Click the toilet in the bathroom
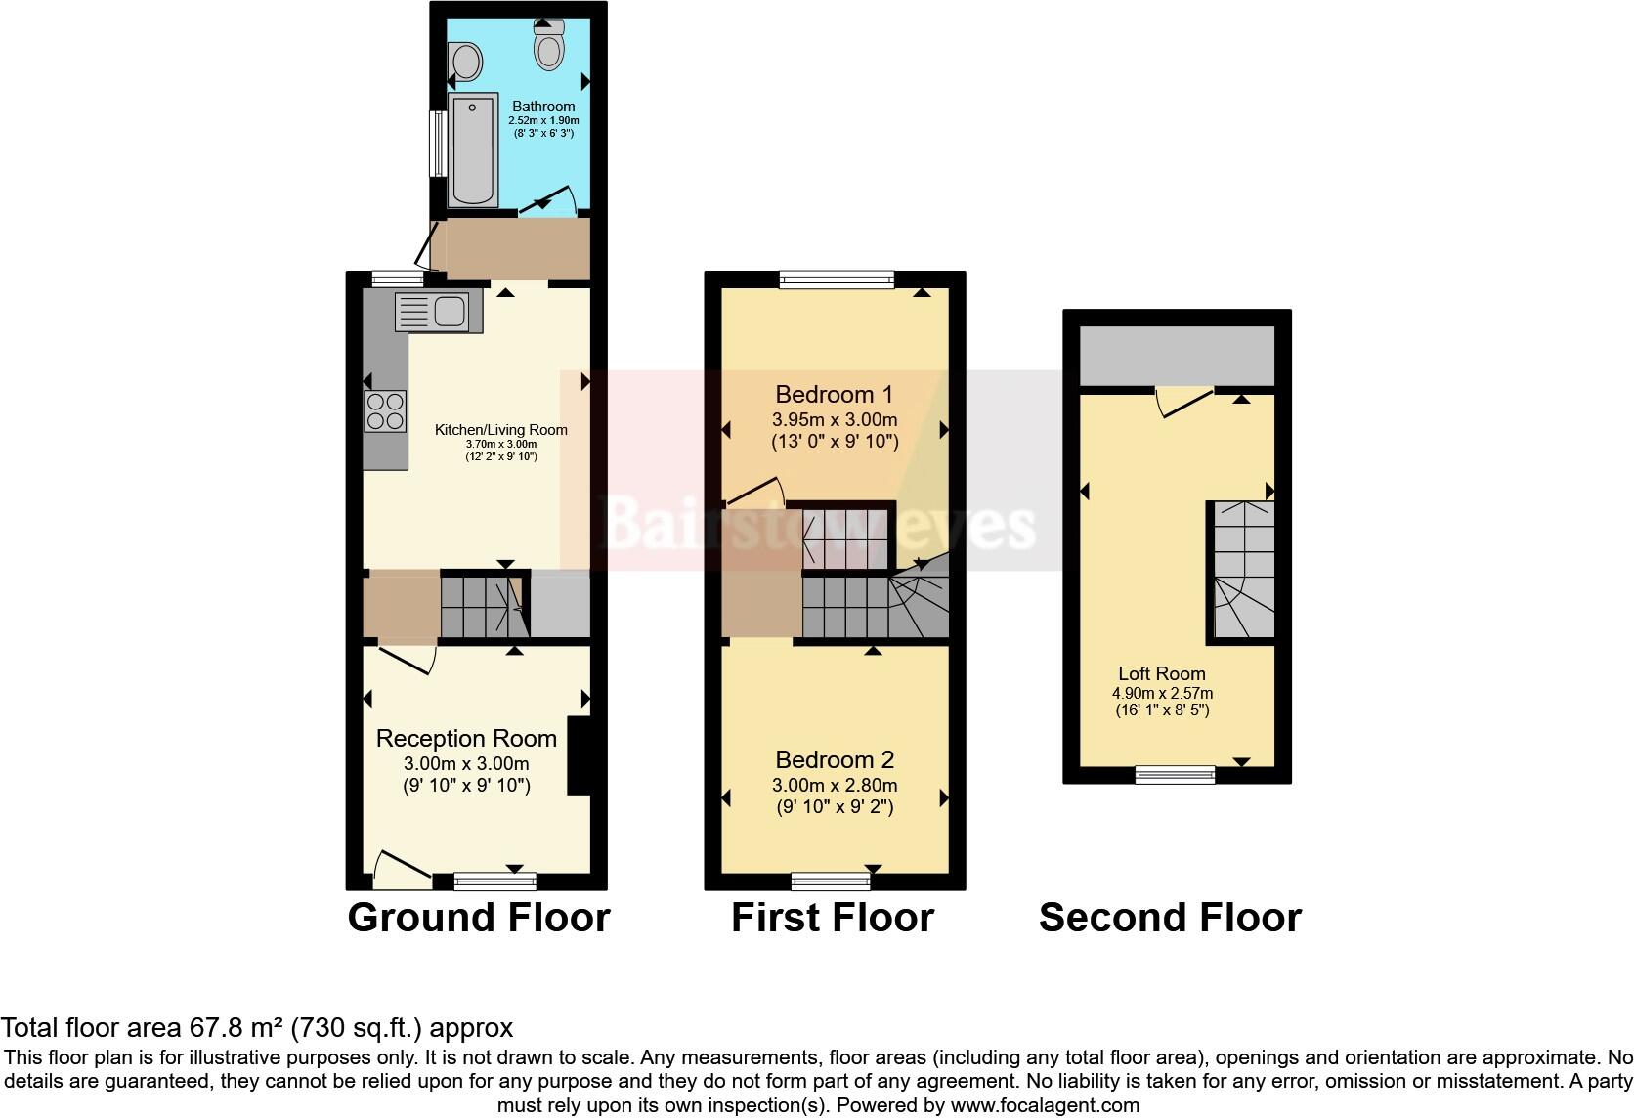(549, 45)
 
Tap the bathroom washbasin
(466, 63)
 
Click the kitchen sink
(439, 313)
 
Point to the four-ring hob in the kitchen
(385, 411)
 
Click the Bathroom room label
(543, 107)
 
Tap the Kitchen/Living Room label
(500, 430)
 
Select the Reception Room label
(466, 739)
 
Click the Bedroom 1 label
(834, 395)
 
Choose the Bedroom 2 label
(835, 760)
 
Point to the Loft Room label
(1162, 673)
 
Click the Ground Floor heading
(479, 918)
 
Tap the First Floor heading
(833, 918)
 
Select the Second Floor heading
(1170, 918)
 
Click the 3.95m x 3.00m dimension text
(835, 420)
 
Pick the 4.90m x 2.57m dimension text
(1162, 693)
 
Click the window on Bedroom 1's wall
(837, 280)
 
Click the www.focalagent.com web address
(1045, 1105)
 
